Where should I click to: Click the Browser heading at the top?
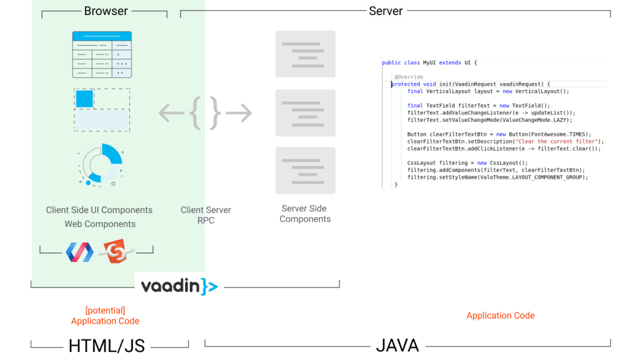click(x=106, y=11)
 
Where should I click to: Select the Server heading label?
click(x=386, y=11)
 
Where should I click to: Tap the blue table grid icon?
click(x=102, y=54)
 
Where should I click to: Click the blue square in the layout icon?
click(x=84, y=99)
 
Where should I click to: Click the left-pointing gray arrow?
click(x=171, y=113)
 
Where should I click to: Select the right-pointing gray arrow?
click(x=239, y=113)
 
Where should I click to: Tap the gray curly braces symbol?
click(x=206, y=113)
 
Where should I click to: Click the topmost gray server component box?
click(x=305, y=54)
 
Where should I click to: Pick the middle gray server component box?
click(x=305, y=112)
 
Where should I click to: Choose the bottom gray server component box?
click(x=305, y=171)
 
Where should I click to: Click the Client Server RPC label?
click(x=206, y=215)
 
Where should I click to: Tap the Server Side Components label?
click(x=305, y=214)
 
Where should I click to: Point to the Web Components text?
click(x=100, y=224)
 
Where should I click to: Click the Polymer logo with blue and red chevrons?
click(x=79, y=251)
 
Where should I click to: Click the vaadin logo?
click(x=179, y=286)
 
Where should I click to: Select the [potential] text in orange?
click(x=105, y=310)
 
